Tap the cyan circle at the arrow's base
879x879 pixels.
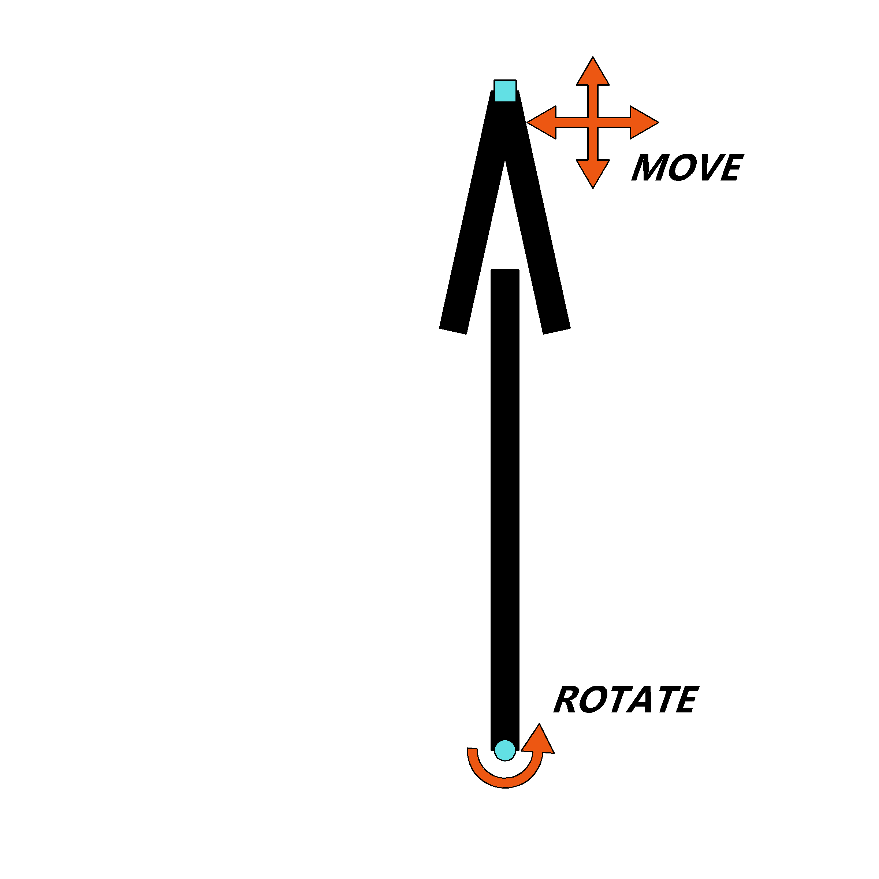pos(505,750)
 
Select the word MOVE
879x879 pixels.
pos(688,167)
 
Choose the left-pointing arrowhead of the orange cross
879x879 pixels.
pos(541,122)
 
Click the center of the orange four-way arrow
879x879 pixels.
pos(593,122)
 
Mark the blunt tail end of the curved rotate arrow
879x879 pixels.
pos(472,748)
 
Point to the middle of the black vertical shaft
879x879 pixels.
pos(505,510)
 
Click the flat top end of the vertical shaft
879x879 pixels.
pos(505,270)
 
